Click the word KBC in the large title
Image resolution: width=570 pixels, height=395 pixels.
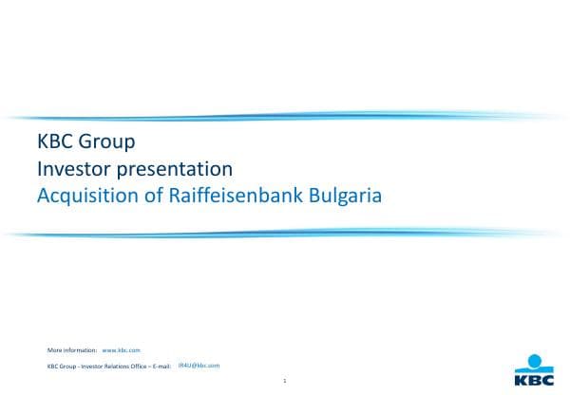tap(53, 143)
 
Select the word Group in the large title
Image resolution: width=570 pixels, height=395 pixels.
tap(104, 143)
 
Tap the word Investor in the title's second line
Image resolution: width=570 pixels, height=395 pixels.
tap(72, 170)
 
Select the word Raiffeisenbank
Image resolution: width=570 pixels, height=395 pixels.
tap(225, 197)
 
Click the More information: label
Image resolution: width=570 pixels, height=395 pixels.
tap(72, 351)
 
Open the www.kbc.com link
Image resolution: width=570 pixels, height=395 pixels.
tap(122, 351)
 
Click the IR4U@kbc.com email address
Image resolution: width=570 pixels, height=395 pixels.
tap(199, 365)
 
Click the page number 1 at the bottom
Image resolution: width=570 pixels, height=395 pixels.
tap(285, 382)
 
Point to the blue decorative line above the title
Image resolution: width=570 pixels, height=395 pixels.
tap(285, 117)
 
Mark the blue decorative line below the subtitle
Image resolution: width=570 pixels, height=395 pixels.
tap(285, 232)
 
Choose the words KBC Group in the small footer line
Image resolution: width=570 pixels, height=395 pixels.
tap(62, 366)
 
